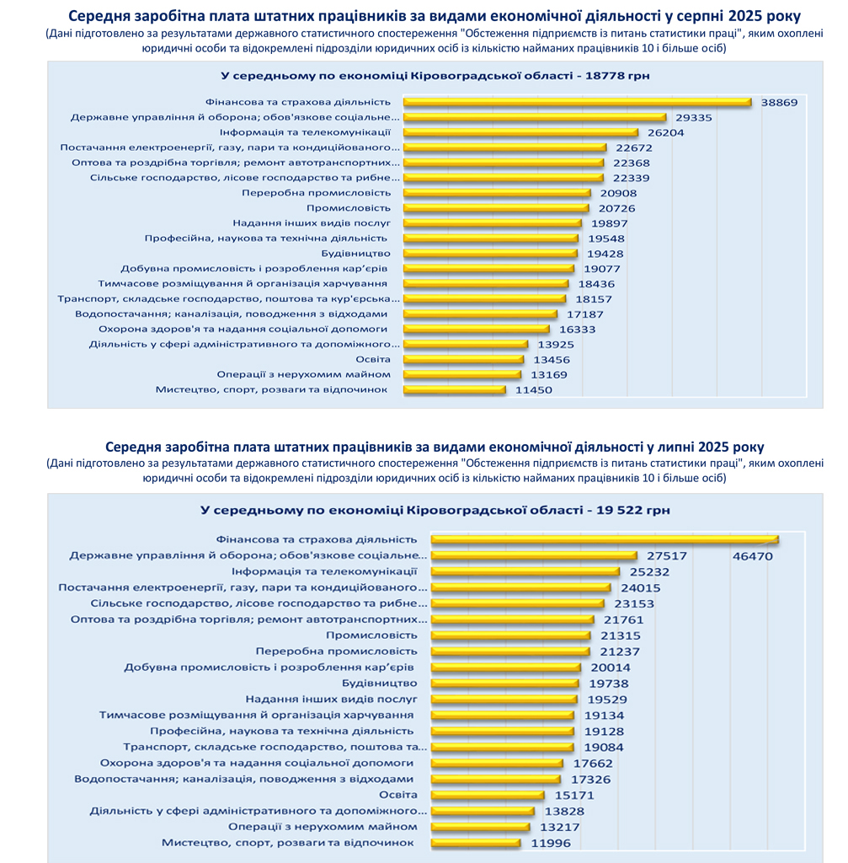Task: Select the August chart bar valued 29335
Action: coord(535,117)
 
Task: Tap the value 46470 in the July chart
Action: coord(751,556)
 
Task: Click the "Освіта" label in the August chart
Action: coord(373,359)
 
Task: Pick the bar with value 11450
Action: coord(455,389)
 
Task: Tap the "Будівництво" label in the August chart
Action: coord(355,253)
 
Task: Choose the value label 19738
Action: coord(607,683)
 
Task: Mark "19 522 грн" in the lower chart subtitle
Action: coord(632,510)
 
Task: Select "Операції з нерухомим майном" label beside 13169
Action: coord(303,374)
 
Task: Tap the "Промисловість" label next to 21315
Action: coord(371,635)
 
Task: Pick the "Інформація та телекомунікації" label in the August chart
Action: coord(305,132)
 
